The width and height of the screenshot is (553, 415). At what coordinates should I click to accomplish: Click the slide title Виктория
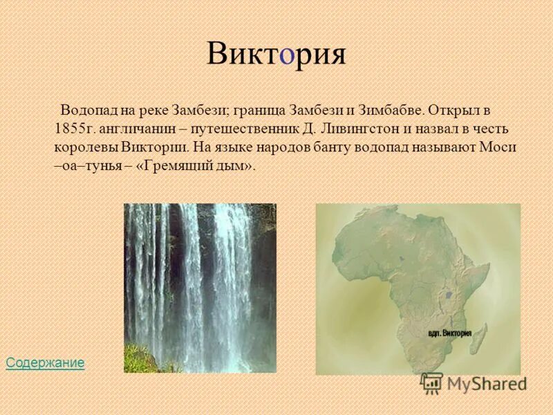[x=276, y=54]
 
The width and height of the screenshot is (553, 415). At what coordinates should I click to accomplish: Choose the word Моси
[x=503, y=147]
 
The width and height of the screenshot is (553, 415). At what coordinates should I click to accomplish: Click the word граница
[x=259, y=110]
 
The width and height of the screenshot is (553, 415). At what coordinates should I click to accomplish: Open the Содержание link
[x=45, y=362]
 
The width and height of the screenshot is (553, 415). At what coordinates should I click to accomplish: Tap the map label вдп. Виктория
[x=449, y=333]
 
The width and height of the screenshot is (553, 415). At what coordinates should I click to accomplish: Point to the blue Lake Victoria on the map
[x=449, y=293]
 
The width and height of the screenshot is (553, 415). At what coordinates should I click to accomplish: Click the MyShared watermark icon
[x=432, y=382]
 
